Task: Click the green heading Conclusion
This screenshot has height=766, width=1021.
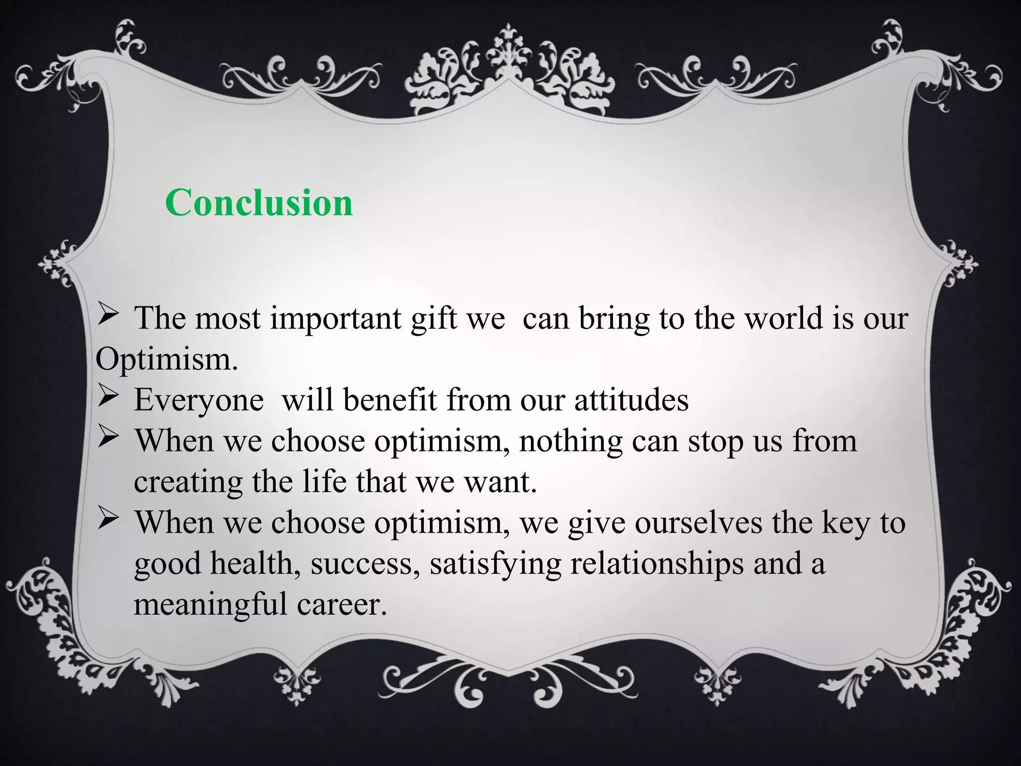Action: click(259, 203)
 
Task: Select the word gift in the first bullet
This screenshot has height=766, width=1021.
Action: click(434, 319)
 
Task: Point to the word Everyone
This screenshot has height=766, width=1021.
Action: click(198, 400)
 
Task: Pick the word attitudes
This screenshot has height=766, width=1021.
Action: click(631, 400)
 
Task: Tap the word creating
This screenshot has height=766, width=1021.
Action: click(188, 483)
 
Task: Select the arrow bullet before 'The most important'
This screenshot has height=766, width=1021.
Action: click(107, 316)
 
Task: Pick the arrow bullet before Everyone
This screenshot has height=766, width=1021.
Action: click(107, 397)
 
